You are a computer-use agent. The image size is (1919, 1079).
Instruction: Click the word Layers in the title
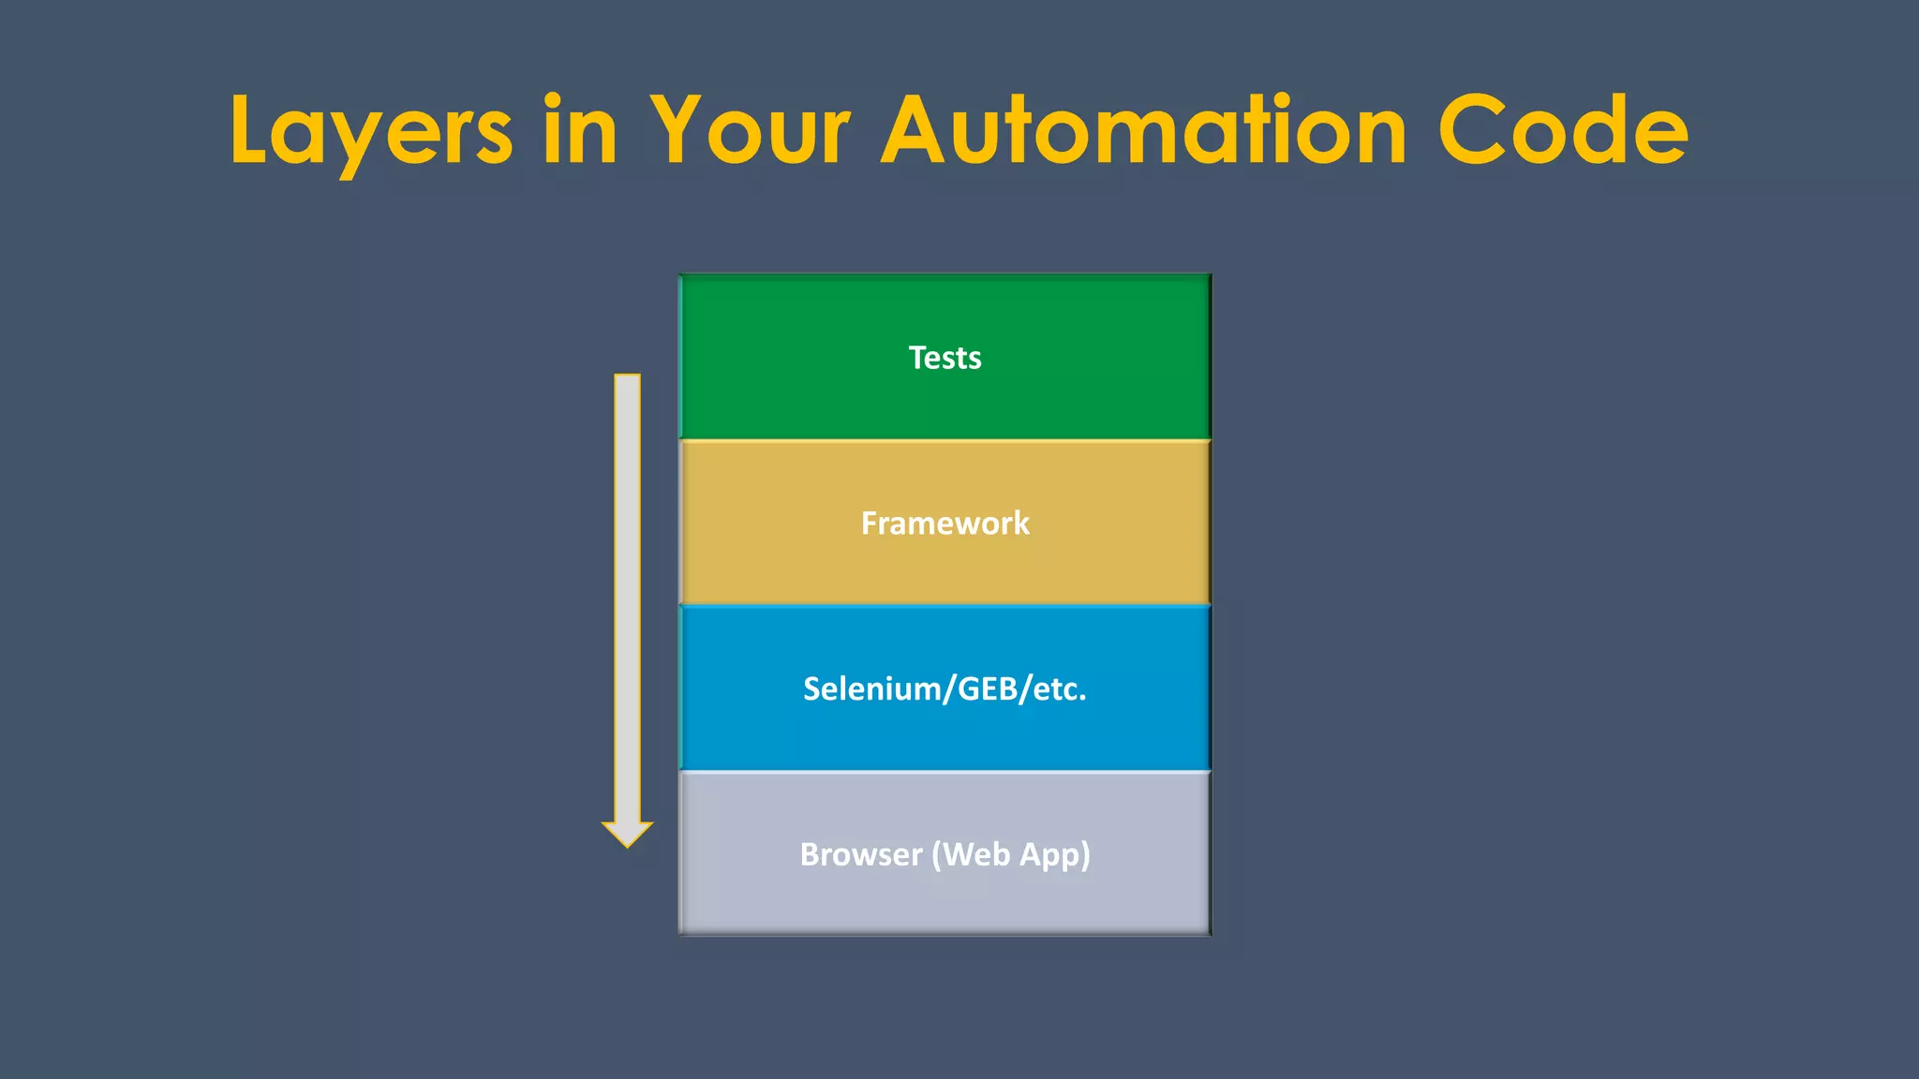tap(370, 131)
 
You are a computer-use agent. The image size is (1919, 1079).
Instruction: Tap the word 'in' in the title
tap(580, 131)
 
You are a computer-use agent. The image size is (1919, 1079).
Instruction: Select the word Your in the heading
tap(751, 131)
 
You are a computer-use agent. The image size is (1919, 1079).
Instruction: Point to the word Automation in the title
tap(1143, 131)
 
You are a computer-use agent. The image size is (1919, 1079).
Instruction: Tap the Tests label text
tap(945, 358)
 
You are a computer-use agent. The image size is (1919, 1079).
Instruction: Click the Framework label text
tap(945, 524)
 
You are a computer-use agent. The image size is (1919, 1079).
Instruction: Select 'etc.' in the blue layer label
tap(1060, 689)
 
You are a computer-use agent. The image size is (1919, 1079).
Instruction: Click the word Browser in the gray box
tap(861, 854)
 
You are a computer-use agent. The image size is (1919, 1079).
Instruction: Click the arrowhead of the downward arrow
tap(627, 833)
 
